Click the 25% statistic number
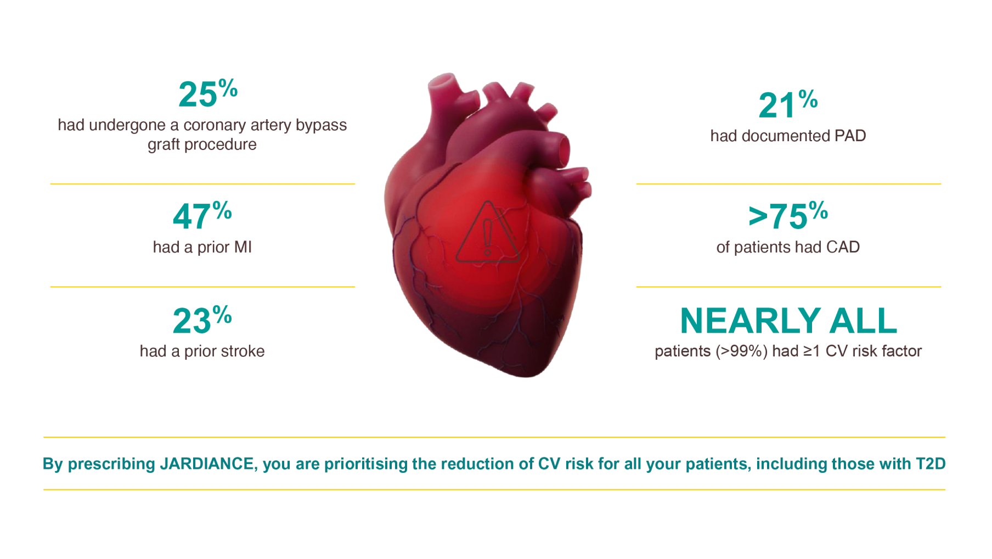coord(207,94)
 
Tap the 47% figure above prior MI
coord(201,216)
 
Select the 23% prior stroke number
coord(201,320)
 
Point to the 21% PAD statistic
coord(787,105)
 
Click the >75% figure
coord(787,216)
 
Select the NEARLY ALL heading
coord(788,321)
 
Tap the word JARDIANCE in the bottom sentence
coord(206,464)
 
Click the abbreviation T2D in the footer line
coord(930,464)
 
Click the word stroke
coord(244,351)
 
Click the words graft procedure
coord(202,144)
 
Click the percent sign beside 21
coord(808,99)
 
